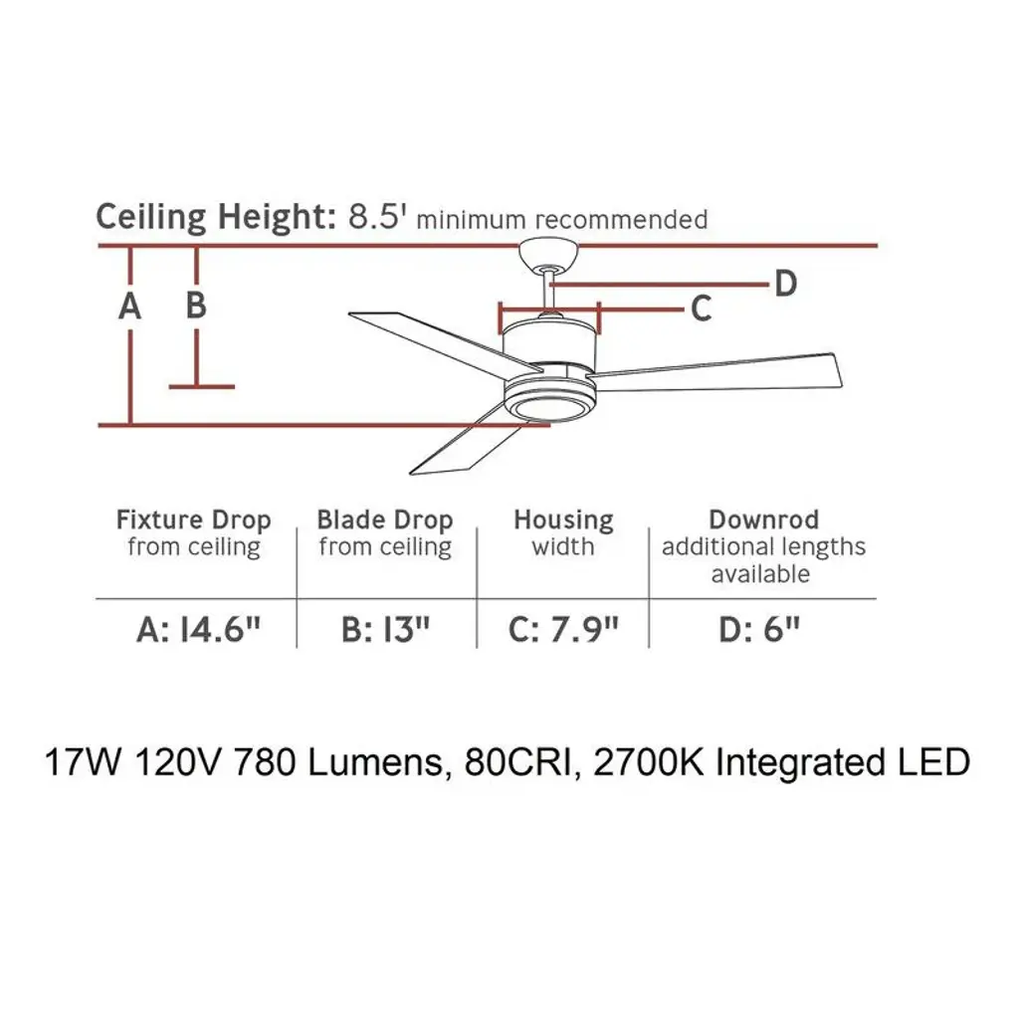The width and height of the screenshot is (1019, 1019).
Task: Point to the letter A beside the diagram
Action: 129,307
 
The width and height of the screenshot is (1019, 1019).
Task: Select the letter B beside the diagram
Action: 196,305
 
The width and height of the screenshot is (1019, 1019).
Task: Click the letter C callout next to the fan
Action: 701,309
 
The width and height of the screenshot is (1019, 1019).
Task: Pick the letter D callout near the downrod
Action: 786,285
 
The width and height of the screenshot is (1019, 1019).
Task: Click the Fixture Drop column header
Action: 193,520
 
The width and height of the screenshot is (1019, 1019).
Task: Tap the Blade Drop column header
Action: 384,520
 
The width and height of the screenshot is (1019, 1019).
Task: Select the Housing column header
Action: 563,520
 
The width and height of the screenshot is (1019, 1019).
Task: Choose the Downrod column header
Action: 763,519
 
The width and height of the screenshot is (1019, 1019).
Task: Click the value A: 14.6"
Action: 190,630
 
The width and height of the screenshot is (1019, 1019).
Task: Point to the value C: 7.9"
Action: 563,630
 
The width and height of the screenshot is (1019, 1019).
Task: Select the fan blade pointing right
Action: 721,372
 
